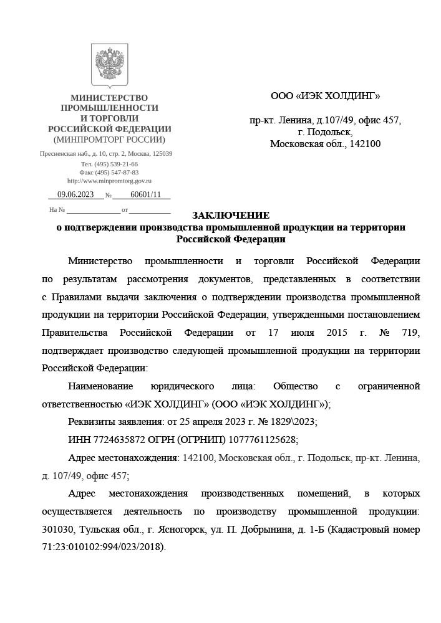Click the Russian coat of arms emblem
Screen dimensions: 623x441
coord(110,65)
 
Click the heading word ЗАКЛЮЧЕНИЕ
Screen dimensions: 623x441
coord(231,216)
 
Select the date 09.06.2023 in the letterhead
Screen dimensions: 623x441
coord(75,194)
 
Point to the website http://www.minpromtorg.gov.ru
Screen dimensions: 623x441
coord(109,181)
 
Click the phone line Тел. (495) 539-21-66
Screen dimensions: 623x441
coord(109,164)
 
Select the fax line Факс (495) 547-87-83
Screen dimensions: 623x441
coord(109,173)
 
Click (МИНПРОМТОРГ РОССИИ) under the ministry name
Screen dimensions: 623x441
coord(109,140)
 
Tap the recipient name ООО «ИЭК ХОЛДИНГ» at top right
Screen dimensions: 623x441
coord(325,96)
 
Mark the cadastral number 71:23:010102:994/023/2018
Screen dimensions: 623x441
coord(103,547)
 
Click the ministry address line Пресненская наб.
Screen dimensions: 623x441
coord(106,153)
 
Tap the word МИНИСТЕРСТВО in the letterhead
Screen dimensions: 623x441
coord(109,98)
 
